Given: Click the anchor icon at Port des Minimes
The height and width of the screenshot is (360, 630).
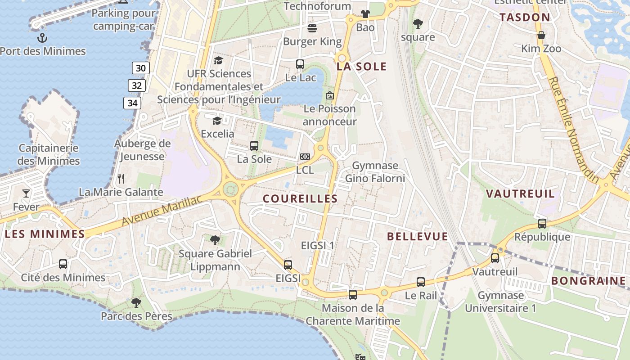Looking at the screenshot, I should tap(42, 37).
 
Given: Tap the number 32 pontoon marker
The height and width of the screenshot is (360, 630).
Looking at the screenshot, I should tap(136, 85).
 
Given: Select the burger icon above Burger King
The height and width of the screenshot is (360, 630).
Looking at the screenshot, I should tap(312, 28).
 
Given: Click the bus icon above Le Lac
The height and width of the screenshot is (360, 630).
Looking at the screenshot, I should tap(300, 64).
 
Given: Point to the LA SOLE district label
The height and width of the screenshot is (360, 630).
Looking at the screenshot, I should tap(362, 67).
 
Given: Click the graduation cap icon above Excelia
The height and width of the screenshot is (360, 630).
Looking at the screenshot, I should tap(217, 121).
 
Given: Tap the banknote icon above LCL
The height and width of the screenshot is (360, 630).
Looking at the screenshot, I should tap(305, 157).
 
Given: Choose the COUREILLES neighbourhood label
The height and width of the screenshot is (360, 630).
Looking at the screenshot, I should tap(300, 198).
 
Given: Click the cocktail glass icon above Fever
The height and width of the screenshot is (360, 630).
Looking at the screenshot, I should tap(26, 193).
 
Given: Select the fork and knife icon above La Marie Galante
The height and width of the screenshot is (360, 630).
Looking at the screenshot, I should tap(121, 178).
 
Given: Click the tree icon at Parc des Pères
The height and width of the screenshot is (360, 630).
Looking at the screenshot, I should tap(136, 303).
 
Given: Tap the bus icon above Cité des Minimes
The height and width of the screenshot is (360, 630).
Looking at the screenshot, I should tap(63, 264).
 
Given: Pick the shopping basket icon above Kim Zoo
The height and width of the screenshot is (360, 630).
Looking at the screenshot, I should tap(541, 35).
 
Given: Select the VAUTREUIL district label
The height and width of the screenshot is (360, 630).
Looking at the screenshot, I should tap(521, 194).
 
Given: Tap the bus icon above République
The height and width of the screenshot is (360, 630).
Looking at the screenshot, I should tap(542, 223).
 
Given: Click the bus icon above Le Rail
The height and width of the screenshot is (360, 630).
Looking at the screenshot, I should tap(421, 282).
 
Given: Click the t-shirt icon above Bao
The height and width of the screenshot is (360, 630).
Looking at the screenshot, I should tap(365, 14).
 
